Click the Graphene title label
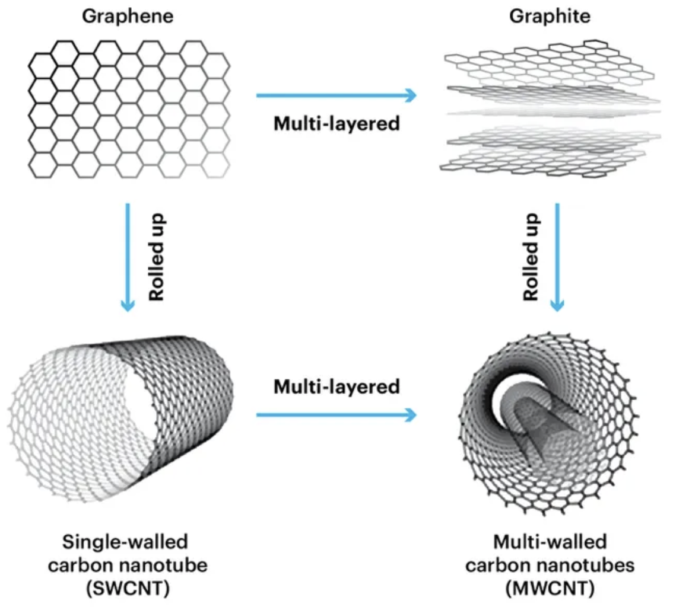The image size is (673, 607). pyautogui.click(x=128, y=16)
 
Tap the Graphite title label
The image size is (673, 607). pyautogui.click(x=550, y=16)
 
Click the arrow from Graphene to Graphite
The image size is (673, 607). pyautogui.click(x=336, y=95)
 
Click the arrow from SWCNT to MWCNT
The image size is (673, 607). pyautogui.click(x=336, y=414)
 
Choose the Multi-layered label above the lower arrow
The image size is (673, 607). pyautogui.click(x=336, y=386)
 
